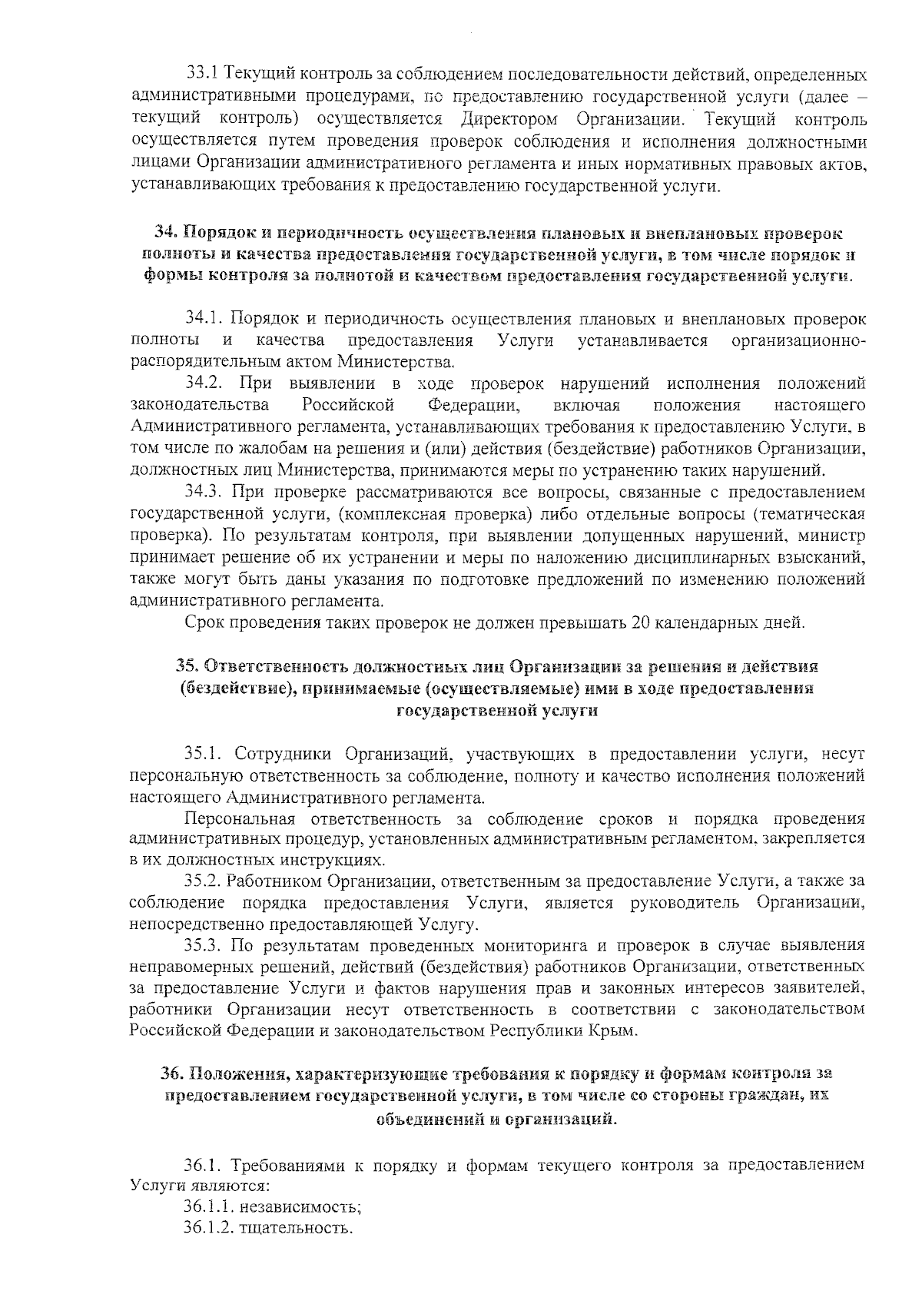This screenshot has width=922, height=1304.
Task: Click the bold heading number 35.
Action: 188,665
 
